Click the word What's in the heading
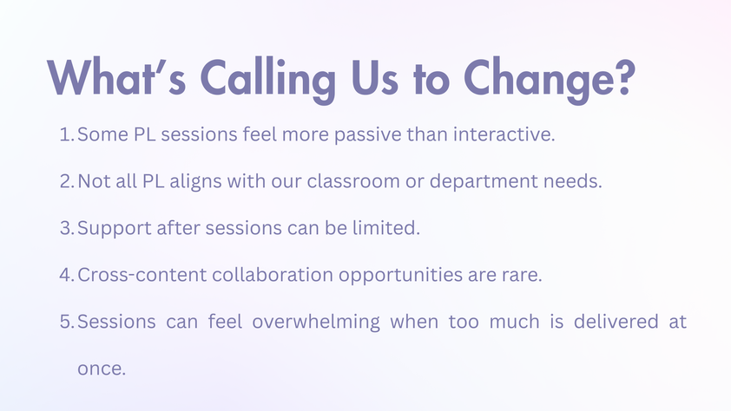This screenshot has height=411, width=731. click(x=116, y=77)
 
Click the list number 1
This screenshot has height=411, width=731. click(x=67, y=134)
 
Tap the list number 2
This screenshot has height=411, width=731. click(x=67, y=181)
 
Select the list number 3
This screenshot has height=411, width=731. click(x=67, y=228)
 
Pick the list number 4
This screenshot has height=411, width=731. click(x=67, y=275)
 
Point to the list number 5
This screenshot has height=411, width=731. click(x=67, y=322)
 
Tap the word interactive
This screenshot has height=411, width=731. click(x=504, y=134)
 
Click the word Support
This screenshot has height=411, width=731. click(x=115, y=229)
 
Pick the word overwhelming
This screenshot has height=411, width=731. click(x=316, y=322)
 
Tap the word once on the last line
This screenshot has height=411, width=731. click(x=102, y=369)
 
